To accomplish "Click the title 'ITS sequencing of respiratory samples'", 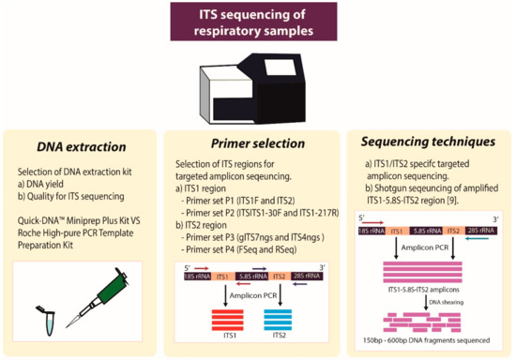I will pos(257,21).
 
